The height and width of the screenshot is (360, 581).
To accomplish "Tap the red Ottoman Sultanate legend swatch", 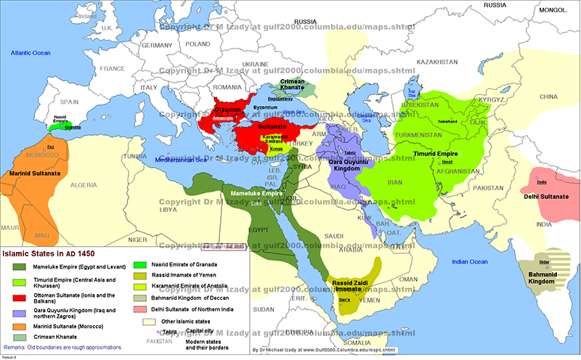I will [18, 298].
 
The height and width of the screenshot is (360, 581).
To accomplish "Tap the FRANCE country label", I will [113, 68].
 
